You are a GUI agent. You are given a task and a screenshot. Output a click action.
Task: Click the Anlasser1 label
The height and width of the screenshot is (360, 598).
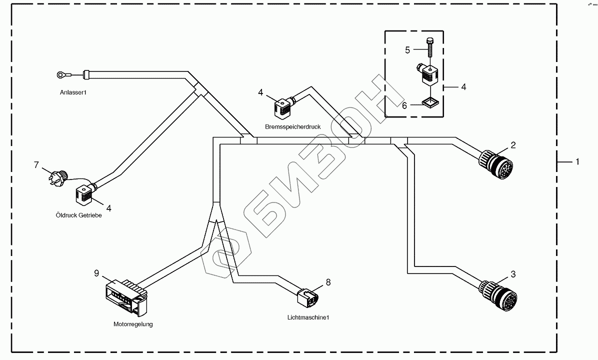pos(73,92)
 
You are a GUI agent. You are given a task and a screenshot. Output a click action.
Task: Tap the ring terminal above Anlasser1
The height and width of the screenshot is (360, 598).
pos(61,75)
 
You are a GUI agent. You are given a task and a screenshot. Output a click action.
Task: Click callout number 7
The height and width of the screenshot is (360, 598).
pos(36,164)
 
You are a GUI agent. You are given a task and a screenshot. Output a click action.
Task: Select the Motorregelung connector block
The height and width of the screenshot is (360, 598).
pos(125,297)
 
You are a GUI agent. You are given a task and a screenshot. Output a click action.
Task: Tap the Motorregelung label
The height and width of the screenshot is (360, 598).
pos(133,324)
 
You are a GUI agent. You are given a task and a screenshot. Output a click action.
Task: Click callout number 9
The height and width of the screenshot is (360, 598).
pos(96,273)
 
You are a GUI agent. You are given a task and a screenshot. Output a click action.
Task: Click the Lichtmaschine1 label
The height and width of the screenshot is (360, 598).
pos(308,317)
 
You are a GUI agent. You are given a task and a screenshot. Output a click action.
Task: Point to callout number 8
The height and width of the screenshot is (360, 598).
pos(328,282)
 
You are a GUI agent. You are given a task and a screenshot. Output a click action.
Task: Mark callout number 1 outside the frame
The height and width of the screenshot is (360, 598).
pos(577,161)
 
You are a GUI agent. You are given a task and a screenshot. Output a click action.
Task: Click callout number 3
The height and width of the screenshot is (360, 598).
pos(513,274)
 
